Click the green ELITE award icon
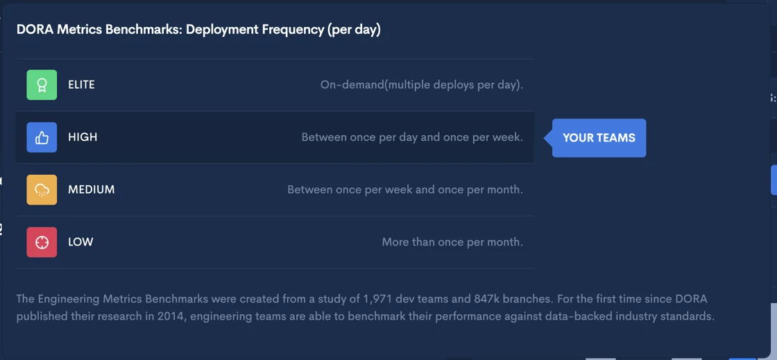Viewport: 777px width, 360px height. pyautogui.click(x=42, y=85)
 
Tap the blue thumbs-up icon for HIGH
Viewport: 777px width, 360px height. pyautogui.click(x=42, y=137)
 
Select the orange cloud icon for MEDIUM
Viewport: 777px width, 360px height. pyautogui.click(x=42, y=189)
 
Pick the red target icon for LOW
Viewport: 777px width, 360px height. pyautogui.click(x=42, y=242)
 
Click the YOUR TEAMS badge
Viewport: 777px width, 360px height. pyautogui.click(x=599, y=137)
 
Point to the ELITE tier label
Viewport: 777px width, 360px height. pyautogui.click(x=81, y=85)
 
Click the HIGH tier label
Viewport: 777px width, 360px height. pyautogui.click(x=83, y=137)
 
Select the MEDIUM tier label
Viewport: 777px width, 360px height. pyautogui.click(x=91, y=189)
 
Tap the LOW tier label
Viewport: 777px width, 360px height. pyautogui.click(x=80, y=242)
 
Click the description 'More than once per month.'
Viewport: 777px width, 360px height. pyautogui.click(x=452, y=242)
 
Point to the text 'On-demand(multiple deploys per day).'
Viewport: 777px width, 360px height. pyautogui.click(x=422, y=85)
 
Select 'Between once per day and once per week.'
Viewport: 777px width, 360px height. pyautogui.click(x=412, y=137)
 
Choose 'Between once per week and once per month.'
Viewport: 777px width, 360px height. pyautogui.click(x=405, y=189)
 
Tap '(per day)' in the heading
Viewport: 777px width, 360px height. pyautogui.click(x=353, y=31)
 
